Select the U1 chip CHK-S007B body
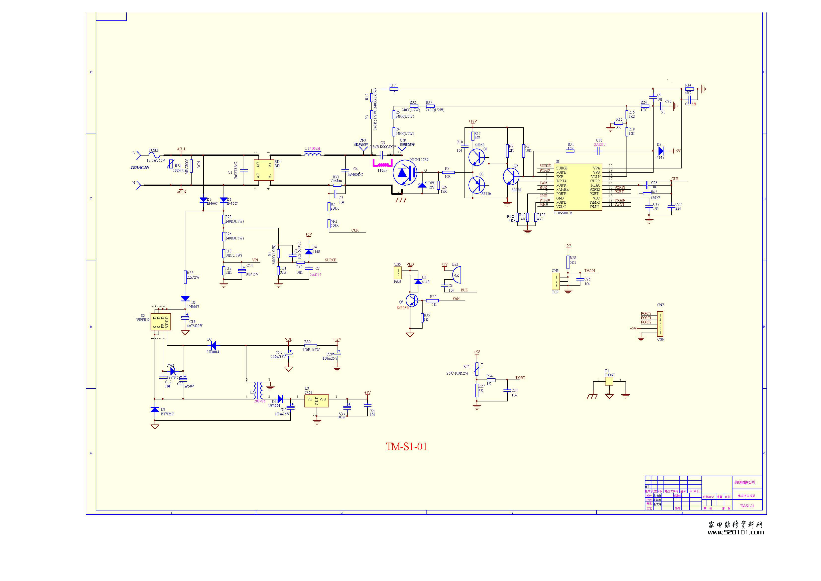(x=578, y=187)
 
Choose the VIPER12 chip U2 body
(x=161, y=321)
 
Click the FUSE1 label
(x=153, y=150)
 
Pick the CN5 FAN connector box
(x=398, y=273)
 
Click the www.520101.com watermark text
(x=735, y=532)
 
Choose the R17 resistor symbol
(x=394, y=89)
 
